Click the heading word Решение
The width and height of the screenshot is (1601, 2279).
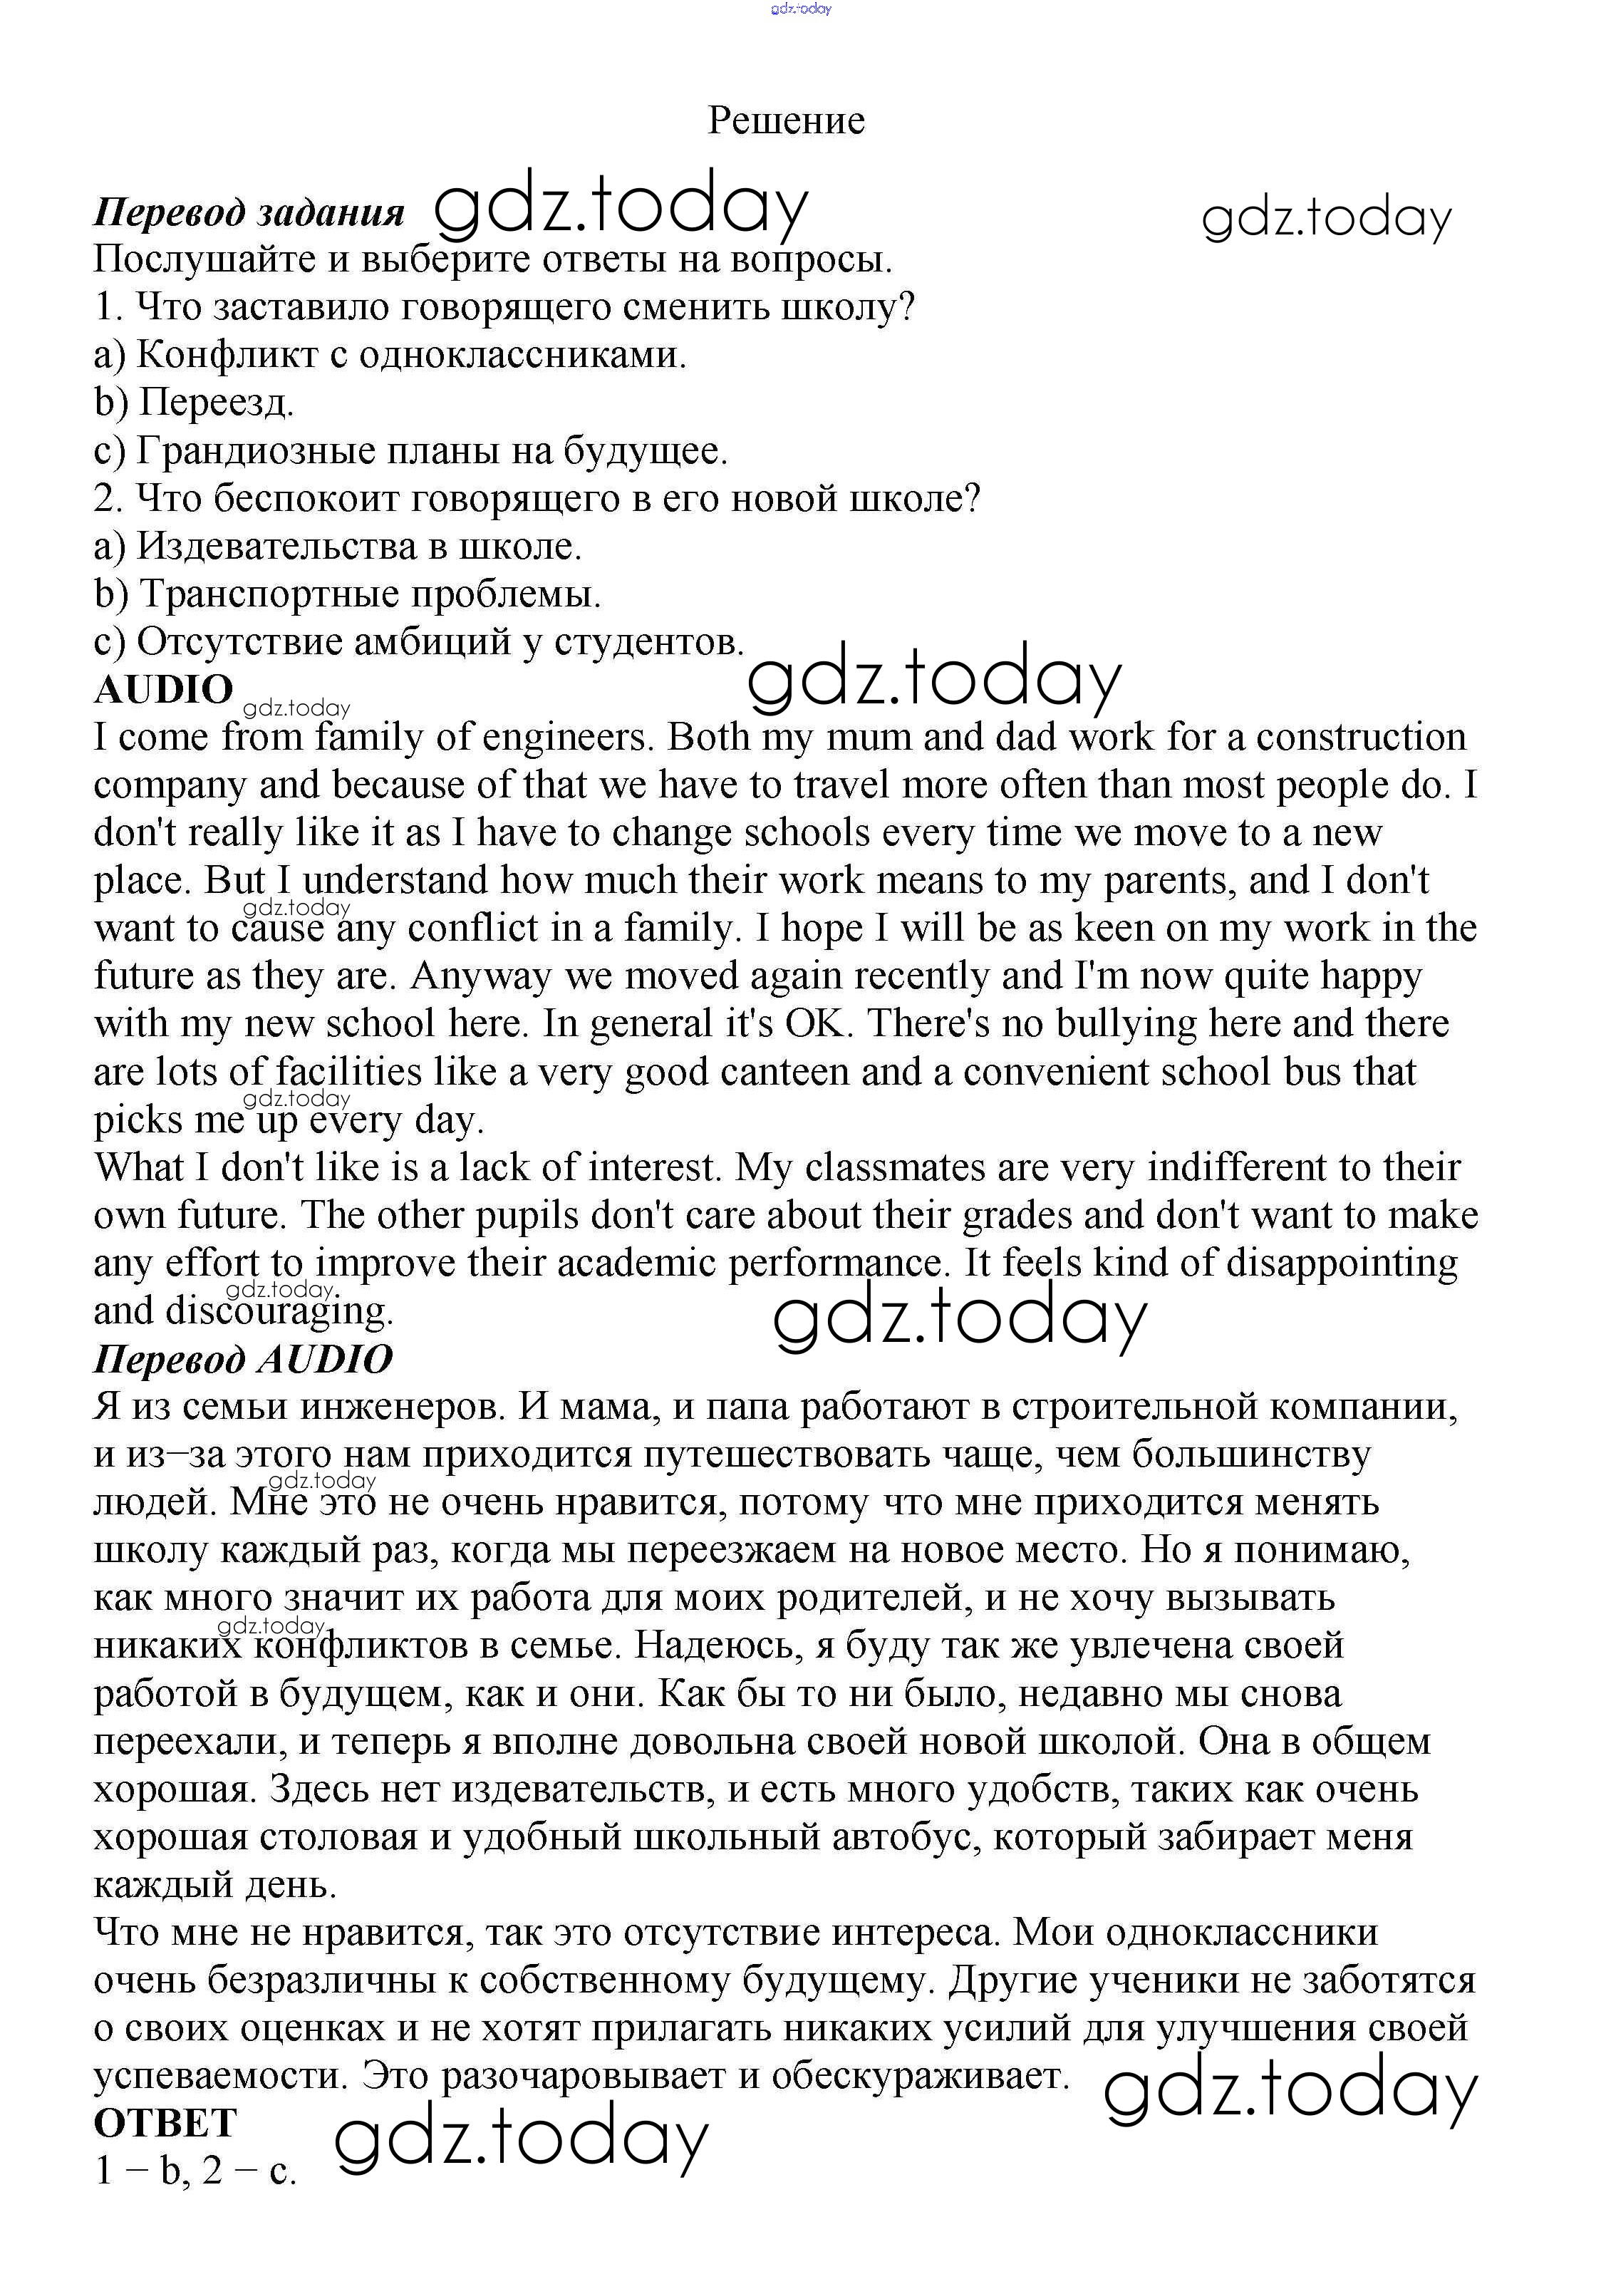786,120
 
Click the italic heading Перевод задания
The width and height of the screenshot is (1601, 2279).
249,212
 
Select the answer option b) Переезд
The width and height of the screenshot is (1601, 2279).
195,402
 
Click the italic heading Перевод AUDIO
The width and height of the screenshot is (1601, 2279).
243,1359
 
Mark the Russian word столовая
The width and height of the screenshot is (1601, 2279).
338,1837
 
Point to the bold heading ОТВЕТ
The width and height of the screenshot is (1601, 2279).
166,2123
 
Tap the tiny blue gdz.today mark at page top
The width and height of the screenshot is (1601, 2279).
800,9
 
